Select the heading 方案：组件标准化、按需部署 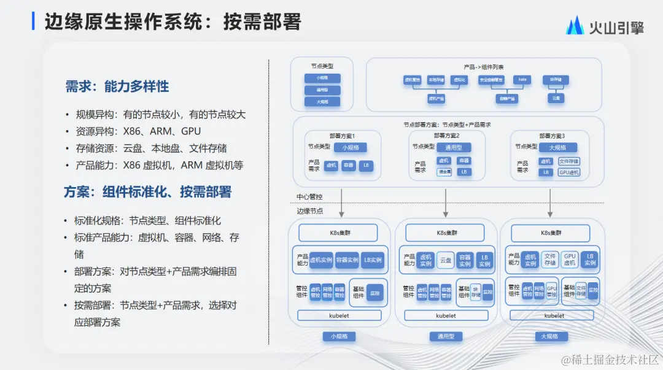(147, 192)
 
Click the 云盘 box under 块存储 (556, 98)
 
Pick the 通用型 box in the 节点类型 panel (322, 90)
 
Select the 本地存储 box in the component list (436, 80)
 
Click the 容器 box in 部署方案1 (349, 166)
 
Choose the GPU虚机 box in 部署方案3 (568, 172)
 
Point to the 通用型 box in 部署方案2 (454, 147)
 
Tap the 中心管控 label (310, 197)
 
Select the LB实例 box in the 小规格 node (371, 260)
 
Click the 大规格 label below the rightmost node (549, 336)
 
